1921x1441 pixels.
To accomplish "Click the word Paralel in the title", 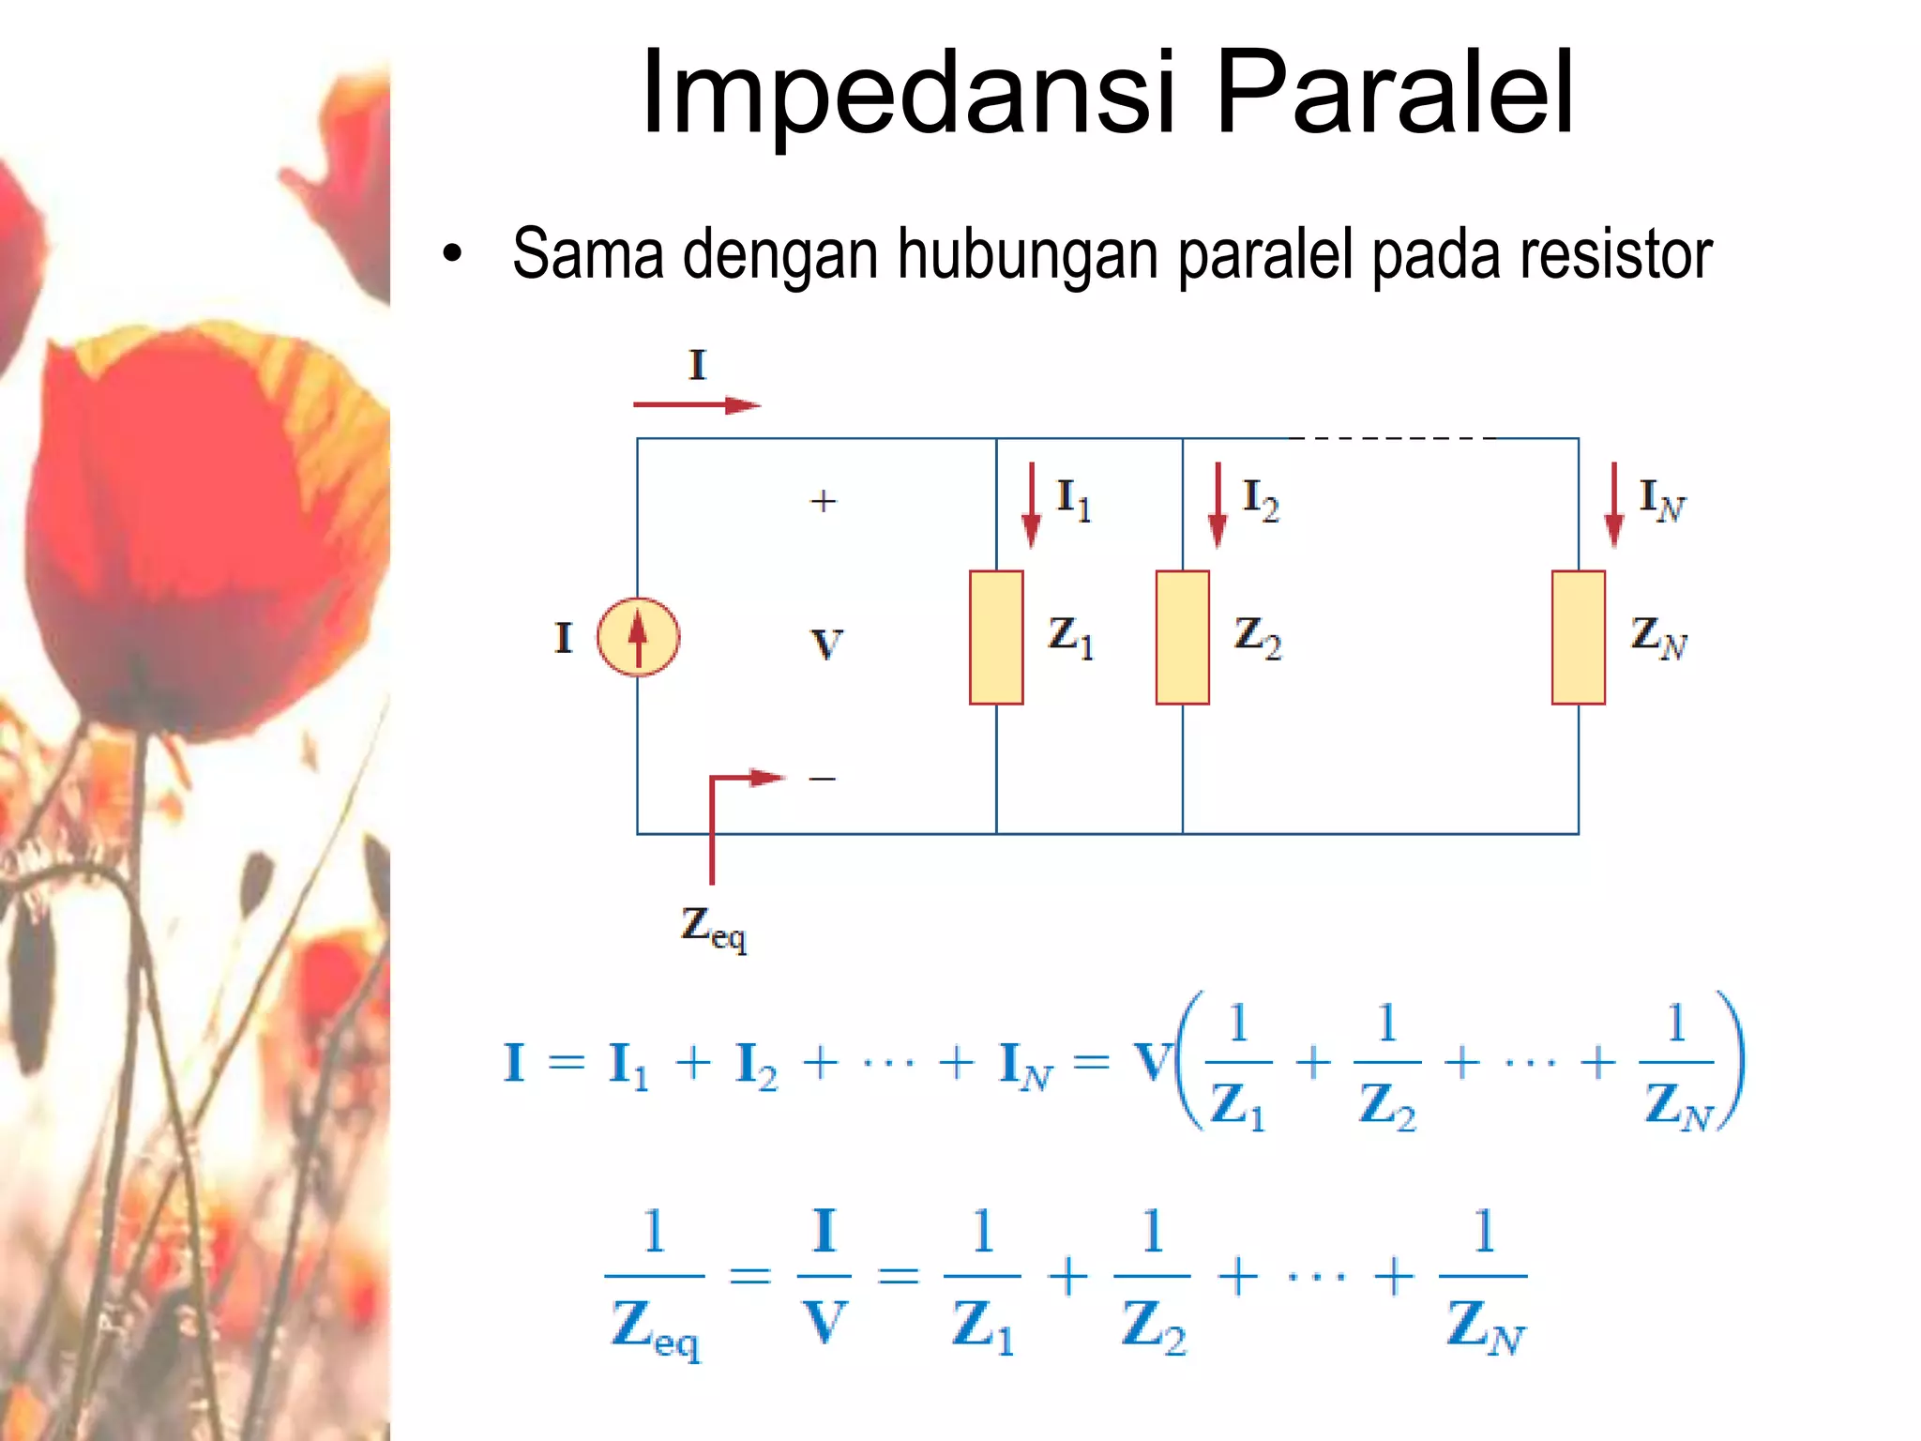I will point(1394,94).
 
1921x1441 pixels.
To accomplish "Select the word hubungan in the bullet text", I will point(1028,256).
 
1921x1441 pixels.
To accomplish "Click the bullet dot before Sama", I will point(453,254).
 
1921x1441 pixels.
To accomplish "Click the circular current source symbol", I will point(638,637).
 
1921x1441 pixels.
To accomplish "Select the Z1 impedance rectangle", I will point(996,637).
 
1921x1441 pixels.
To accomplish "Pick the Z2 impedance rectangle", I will point(1182,637).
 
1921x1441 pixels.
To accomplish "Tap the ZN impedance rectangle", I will point(1578,637).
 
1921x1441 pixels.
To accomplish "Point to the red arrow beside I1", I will point(1031,505).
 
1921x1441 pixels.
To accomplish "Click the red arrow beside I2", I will point(1217,505).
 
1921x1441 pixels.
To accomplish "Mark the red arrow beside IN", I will point(1613,505).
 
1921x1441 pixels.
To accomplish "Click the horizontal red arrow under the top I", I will point(696,405).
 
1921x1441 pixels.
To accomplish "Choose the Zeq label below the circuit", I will point(713,929).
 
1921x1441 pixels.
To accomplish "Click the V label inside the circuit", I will point(826,645).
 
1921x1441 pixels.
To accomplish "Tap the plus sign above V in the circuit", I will point(823,501).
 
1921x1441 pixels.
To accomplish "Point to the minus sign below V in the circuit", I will point(822,779).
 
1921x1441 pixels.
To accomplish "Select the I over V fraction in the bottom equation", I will point(824,1276).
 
